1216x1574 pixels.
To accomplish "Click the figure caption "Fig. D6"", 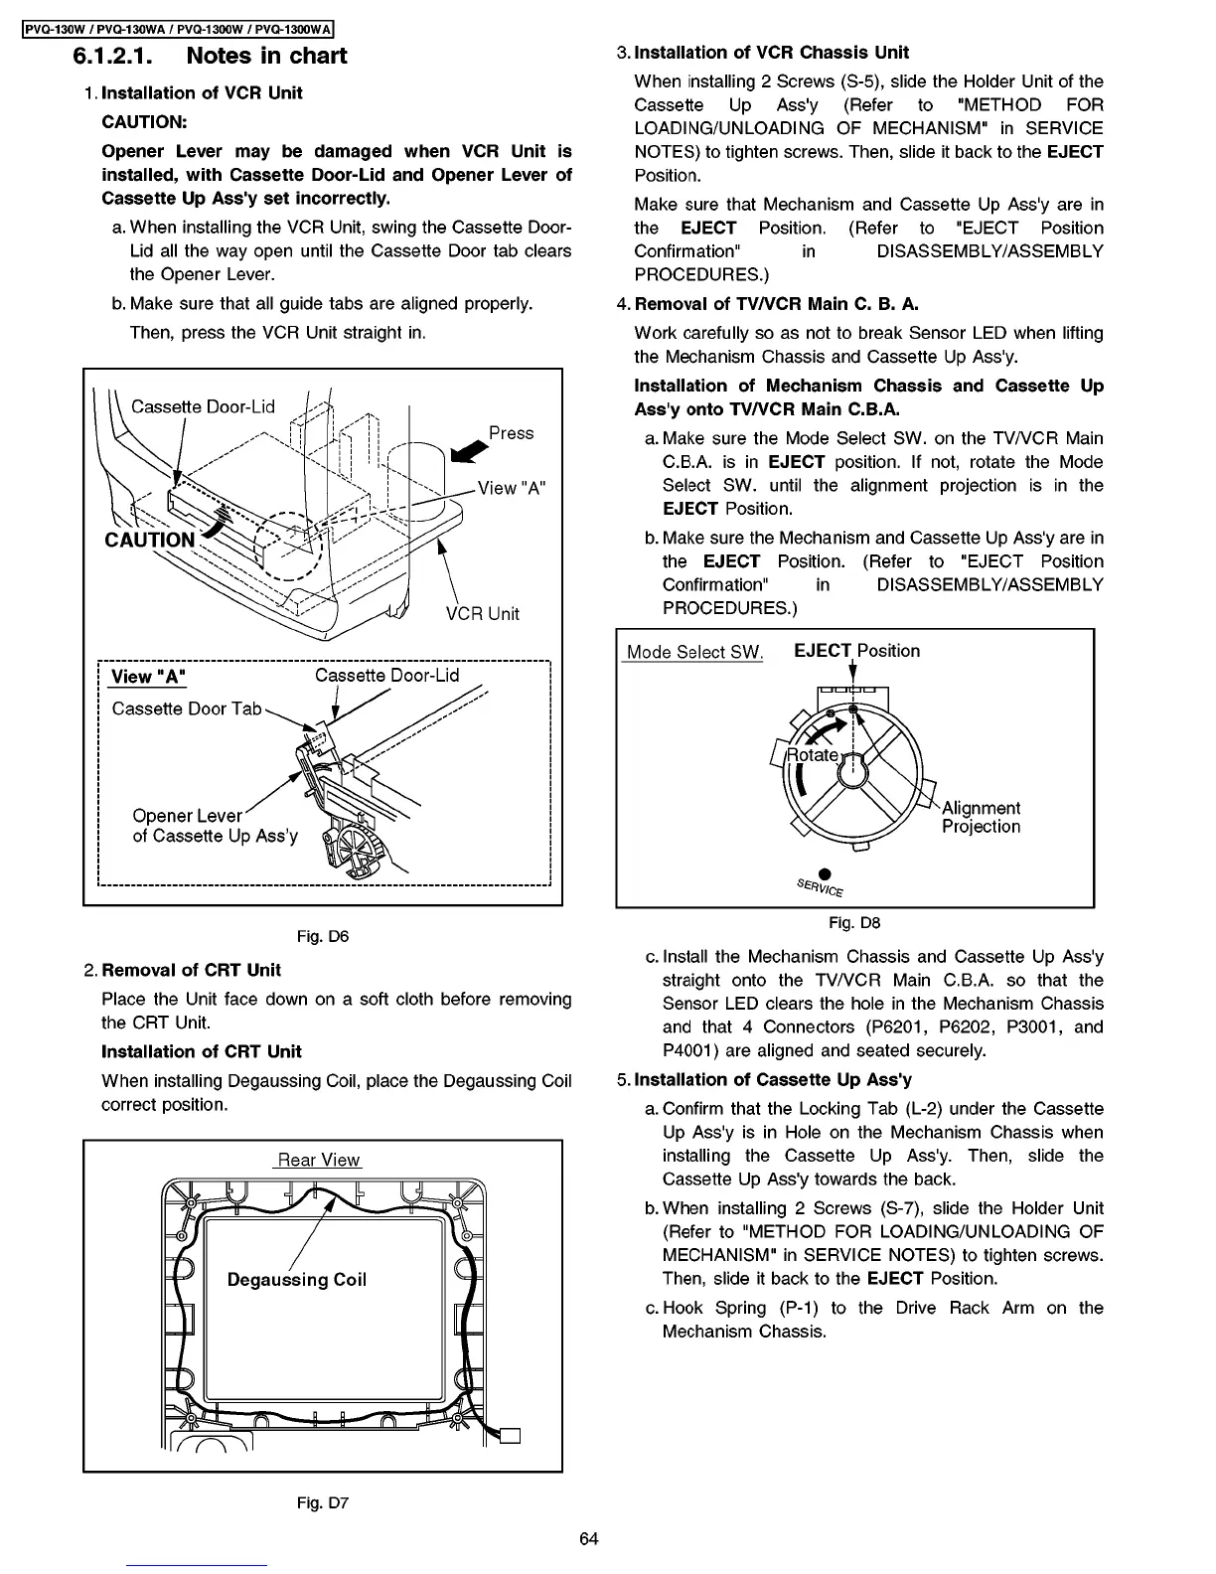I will [323, 935].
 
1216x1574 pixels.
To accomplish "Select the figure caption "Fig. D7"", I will [323, 1502].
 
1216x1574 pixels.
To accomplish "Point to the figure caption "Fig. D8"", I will [854, 922].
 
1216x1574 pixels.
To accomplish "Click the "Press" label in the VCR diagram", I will [511, 433].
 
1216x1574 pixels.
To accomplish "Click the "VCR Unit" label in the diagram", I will [482, 613].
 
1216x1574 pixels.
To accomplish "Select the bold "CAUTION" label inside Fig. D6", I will [150, 540].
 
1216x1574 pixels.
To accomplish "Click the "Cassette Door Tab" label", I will [187, 708].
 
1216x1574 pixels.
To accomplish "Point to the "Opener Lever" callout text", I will [187, 816].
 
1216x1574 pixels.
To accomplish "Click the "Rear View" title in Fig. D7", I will [319, 1160].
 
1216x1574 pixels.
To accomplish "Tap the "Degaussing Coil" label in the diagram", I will [297, 1280].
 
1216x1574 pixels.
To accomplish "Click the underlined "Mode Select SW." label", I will [693, 652].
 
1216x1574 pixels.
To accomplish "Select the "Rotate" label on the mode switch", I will [812, 755].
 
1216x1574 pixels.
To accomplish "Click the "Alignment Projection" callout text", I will [981, 817].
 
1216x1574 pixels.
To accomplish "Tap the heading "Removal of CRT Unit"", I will [191, 970].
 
